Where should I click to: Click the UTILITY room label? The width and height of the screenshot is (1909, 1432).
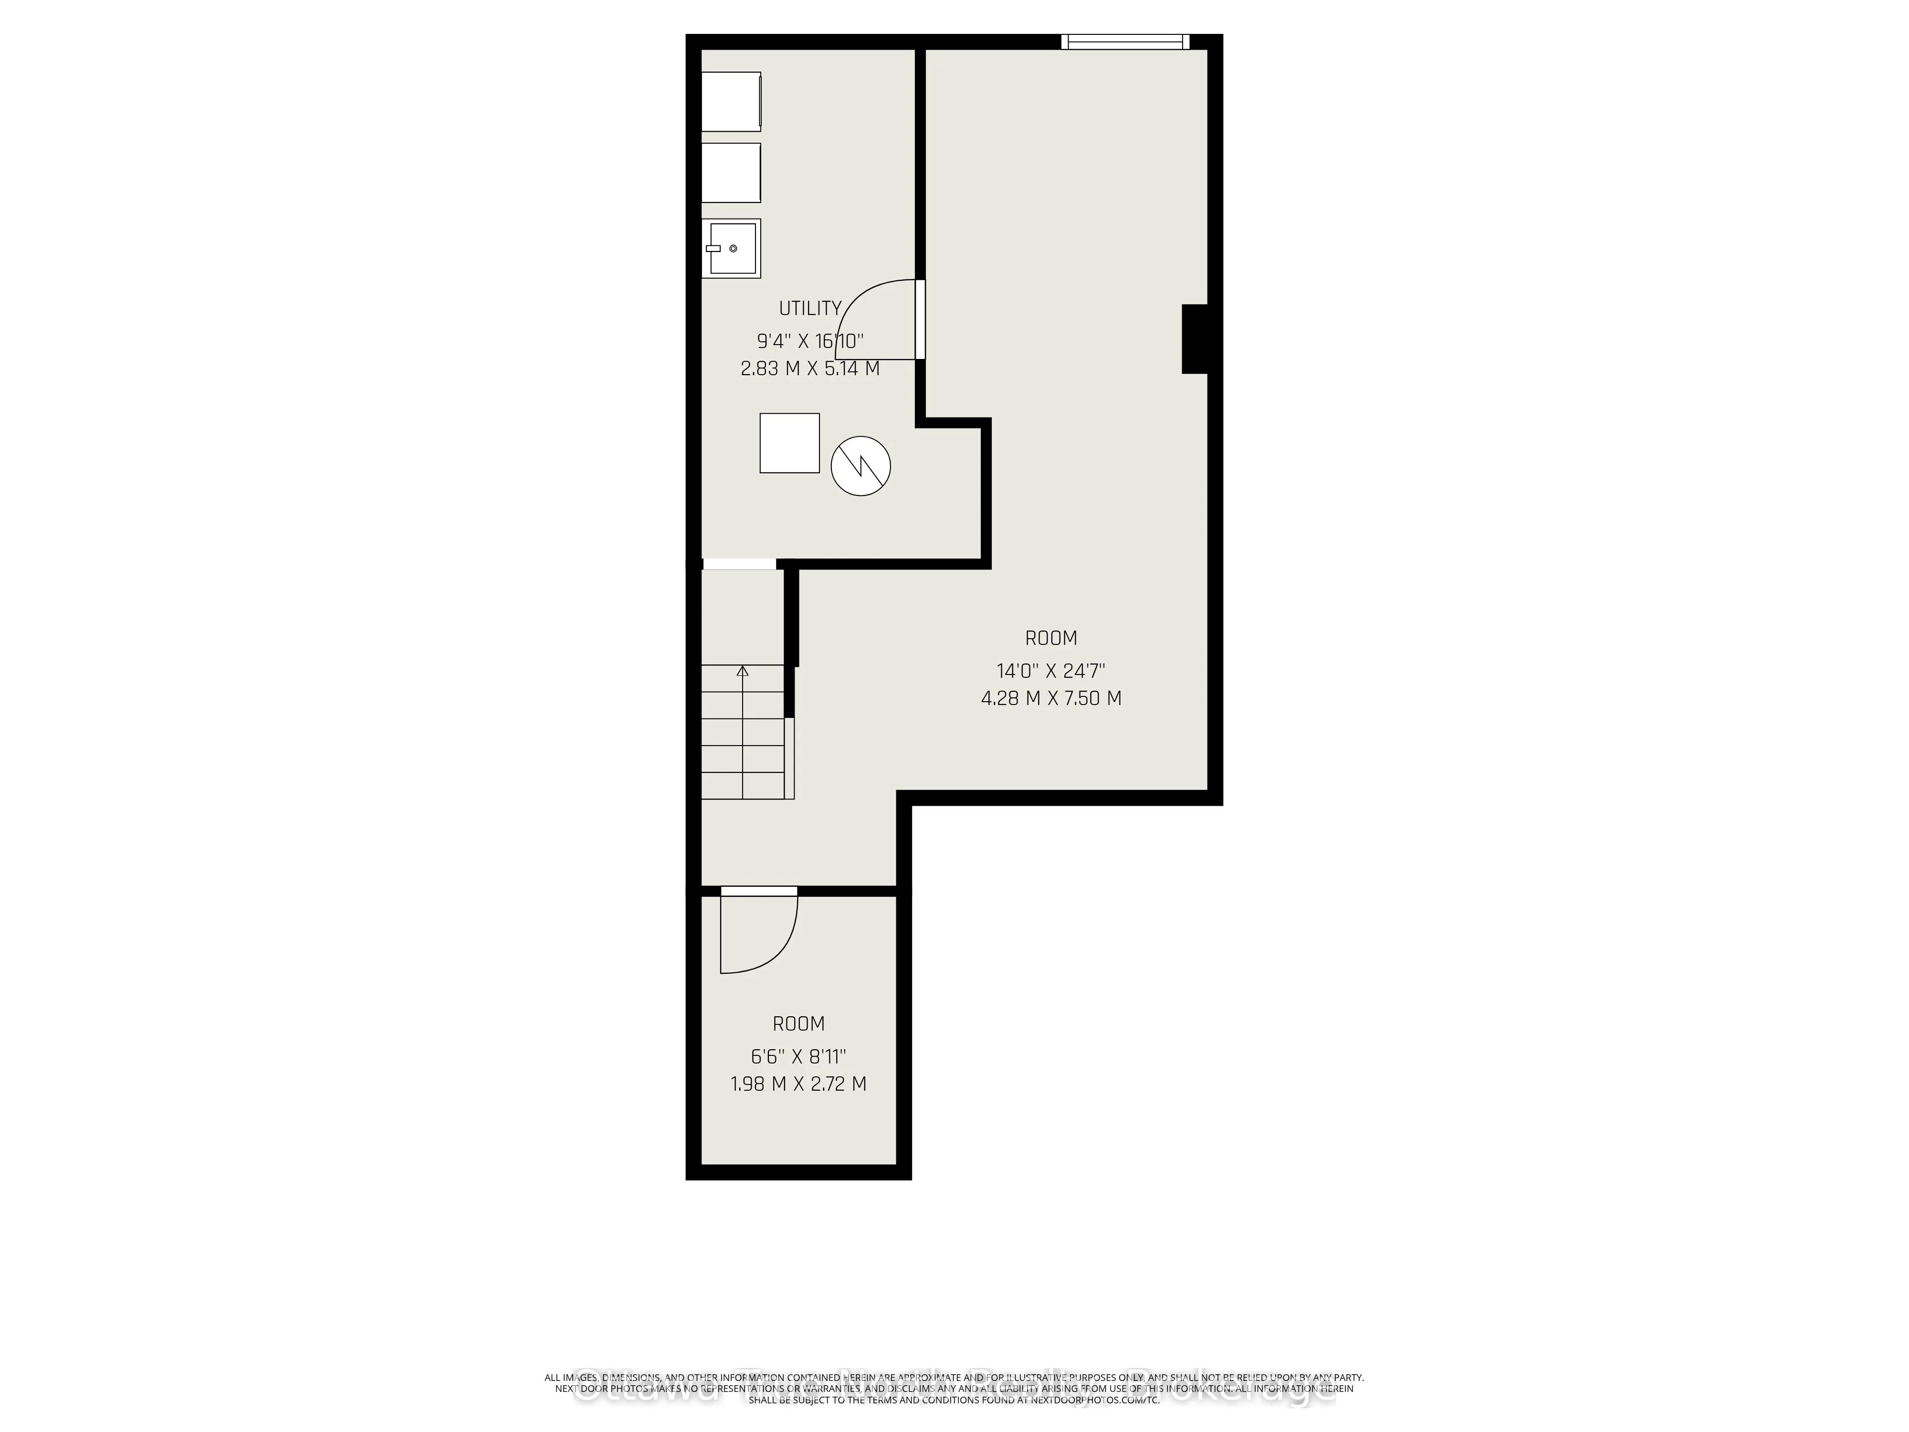click(809, 308)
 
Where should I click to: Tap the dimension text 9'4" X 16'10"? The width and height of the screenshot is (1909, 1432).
click(809, 341)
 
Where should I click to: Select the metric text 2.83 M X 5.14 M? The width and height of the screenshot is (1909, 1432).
click(809, 369)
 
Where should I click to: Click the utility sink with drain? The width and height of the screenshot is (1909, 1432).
click(731, 249)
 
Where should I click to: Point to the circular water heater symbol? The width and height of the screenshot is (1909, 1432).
click(860, 466)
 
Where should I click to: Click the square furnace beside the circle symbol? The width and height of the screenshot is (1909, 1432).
click(789, 443)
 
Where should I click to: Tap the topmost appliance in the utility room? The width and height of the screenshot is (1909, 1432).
click(731, 102)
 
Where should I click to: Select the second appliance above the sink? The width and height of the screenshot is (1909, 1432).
click(731, 173)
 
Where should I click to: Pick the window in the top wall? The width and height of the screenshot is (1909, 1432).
click(1124, 42)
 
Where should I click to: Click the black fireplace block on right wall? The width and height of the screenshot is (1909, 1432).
click(1195, 339)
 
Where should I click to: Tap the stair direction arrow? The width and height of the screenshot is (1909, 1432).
click(742, 672)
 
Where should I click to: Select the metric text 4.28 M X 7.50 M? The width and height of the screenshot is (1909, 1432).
click(1050, 698)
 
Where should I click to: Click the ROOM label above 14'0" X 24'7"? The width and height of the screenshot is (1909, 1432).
click(1050, 638)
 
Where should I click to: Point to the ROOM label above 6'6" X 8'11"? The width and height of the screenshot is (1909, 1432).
click(798, 1024)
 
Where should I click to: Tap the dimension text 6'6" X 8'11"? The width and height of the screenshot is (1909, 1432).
click(798, 1056)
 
